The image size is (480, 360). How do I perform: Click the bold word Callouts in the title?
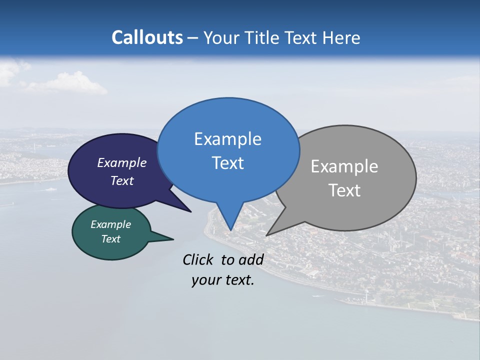[147, 37]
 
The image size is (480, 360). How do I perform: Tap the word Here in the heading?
[342, 37]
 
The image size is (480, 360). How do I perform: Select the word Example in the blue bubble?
[227, 139]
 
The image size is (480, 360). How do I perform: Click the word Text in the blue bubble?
[227, 163]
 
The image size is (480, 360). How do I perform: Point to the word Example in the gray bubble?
[344, 166]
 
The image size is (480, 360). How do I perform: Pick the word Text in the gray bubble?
[344, 190]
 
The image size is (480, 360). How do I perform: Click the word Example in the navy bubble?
[121, 163]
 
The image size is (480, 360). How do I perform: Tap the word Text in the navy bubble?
[121, 180]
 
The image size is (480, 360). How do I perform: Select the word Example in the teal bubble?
[110, 224]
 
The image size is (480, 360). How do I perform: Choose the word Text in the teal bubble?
[110, 239]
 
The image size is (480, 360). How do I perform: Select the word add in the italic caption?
[250, 259]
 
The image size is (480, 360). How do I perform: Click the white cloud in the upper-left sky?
[70, 84]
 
